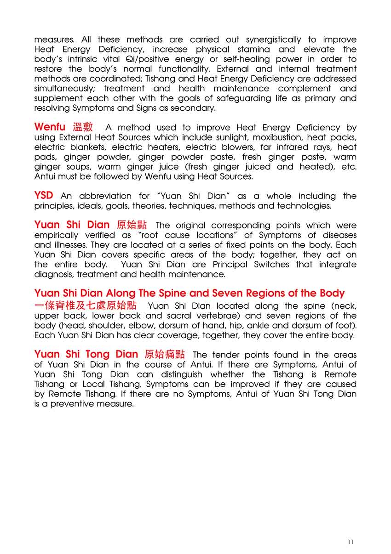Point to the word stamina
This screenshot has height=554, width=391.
click(x=253, y=50)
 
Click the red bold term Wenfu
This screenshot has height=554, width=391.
click(x=50, y=127)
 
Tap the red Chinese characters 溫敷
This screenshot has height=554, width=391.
click(x=83, y=127)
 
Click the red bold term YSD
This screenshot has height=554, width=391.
click(x=44, y=196)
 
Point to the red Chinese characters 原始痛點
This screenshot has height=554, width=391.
click(x=165, y=354)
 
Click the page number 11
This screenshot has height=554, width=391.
click(x=351, y=542)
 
